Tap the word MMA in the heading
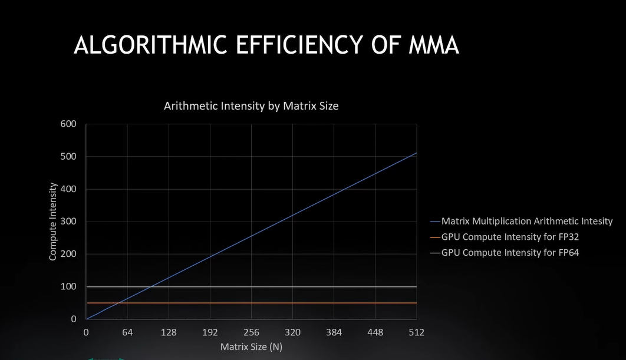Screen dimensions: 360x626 point(433,45)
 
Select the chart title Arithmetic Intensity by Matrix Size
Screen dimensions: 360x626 point(251,106)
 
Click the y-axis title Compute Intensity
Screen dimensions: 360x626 point(53,222)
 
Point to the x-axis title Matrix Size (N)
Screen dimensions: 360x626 point(251,346)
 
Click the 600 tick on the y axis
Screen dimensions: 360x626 point(68,124)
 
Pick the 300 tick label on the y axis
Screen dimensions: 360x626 point(68,222)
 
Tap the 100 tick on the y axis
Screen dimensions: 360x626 point(68,286)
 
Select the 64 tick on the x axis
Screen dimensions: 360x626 point(127,332)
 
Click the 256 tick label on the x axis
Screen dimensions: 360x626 point(251,332)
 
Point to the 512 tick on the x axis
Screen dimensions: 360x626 point(416,332)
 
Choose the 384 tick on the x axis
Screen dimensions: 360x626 point(334,332)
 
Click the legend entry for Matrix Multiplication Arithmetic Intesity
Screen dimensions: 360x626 point(527,222)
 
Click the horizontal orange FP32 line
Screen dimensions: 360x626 point(265,303)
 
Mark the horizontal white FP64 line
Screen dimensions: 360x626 point(265,287)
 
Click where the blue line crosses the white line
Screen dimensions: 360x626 point(150,287)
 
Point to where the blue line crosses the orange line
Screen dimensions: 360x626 point(118,303)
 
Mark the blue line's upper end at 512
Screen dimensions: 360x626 point(416,153)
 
